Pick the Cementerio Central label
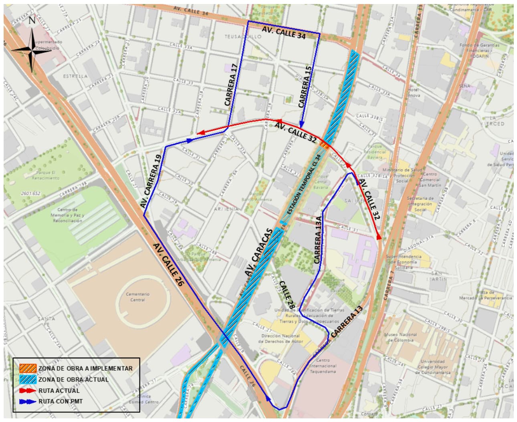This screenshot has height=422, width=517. pos(137,297)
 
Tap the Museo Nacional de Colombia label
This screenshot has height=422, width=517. pos(401,337)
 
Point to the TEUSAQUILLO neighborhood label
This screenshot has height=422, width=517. pos(243,36)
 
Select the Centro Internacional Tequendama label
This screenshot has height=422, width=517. pos(323,366)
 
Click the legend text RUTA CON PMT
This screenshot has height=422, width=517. pos(61,401)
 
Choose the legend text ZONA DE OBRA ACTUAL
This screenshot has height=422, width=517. pos(73,379)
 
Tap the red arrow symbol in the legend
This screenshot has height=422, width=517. pos(28,390)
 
